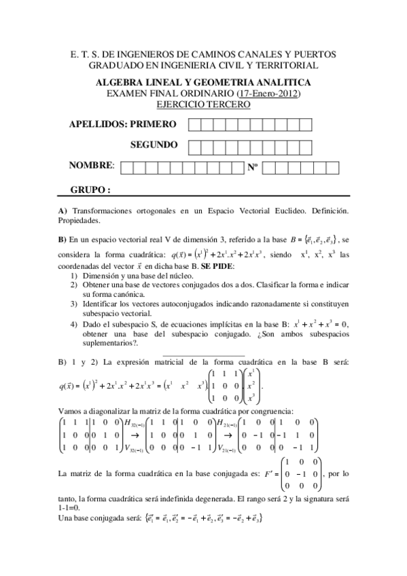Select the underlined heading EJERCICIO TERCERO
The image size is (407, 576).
tap(203, 105)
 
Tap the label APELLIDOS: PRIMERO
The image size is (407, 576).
tap(123, 124)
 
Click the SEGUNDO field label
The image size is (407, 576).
tap(154, 145)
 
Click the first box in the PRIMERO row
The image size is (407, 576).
tap(194, 125)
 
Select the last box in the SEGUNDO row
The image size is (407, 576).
tap(306, 146)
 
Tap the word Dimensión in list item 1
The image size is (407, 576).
tap(103, 275)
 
